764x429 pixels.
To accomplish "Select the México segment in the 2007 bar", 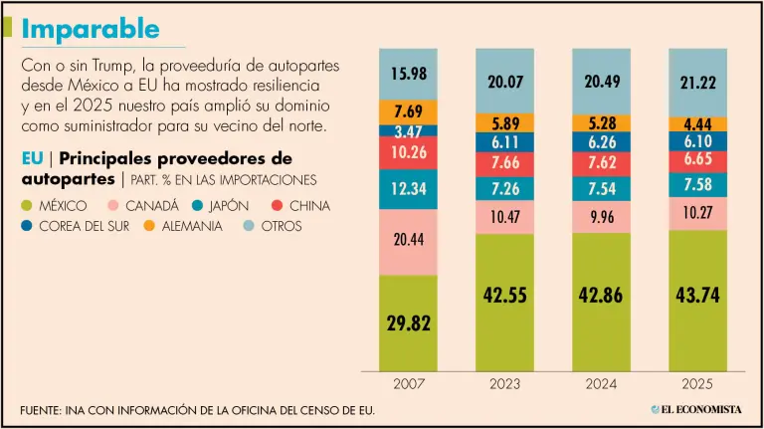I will (408, 322).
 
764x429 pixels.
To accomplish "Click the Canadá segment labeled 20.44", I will (408, 241).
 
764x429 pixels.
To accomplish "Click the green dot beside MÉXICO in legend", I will (30, 206).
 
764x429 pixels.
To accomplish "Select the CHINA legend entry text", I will (309, 206).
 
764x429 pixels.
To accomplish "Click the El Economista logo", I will (696, 409).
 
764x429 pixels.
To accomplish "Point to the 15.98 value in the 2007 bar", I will (408, 74).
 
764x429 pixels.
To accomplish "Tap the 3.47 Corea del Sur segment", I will (408, 130).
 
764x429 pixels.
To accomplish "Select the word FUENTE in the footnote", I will (41, 410).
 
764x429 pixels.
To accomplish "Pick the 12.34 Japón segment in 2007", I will (408, 189).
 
